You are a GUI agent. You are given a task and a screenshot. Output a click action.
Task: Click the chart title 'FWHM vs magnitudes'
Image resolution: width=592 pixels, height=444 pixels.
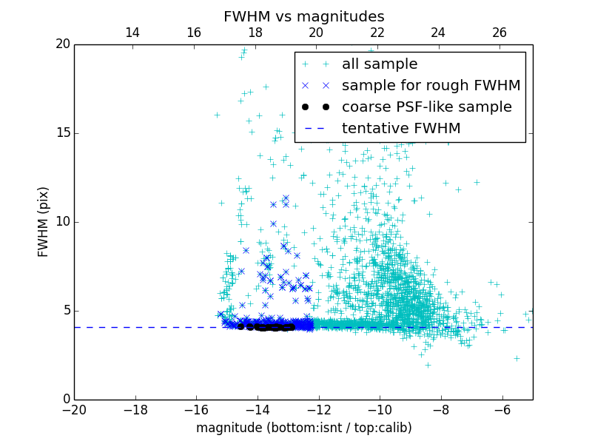pos(303,16)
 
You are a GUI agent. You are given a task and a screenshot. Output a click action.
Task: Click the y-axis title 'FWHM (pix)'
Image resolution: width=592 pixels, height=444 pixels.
pos(44,222)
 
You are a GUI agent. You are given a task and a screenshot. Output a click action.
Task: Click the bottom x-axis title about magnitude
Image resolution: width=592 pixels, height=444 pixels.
pos(303,428)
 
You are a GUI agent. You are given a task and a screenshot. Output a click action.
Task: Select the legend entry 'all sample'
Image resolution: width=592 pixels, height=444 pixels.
pos(379,64)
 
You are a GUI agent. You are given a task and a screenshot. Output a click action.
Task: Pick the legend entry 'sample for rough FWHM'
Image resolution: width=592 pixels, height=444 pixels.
pos(431,86)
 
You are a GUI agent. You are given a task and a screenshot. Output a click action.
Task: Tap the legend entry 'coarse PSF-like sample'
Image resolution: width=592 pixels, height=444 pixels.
pos(426,107)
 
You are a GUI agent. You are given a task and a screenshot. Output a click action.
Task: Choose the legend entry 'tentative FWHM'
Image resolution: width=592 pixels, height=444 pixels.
pos(400,129)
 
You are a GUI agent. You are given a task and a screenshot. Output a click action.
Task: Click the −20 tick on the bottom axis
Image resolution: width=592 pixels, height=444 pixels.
pos(74,410)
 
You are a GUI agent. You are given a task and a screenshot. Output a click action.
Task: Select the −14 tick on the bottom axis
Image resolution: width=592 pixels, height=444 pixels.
pos(258,410)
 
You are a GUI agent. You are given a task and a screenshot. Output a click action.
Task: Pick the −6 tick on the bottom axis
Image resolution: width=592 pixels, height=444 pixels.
pos(502,410)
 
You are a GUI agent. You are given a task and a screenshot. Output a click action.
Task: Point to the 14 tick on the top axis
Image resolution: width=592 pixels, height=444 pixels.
pos(132,33)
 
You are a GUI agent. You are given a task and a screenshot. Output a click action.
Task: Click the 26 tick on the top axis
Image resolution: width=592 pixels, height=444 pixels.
pos(499,33)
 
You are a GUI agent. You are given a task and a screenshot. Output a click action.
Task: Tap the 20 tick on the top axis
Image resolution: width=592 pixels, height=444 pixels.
pos(316,33)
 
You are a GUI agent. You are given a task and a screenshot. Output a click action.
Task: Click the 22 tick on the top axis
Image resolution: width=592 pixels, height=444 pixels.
pos(377,33)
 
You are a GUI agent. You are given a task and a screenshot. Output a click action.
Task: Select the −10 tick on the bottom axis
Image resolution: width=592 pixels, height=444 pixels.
pos(380,410)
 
